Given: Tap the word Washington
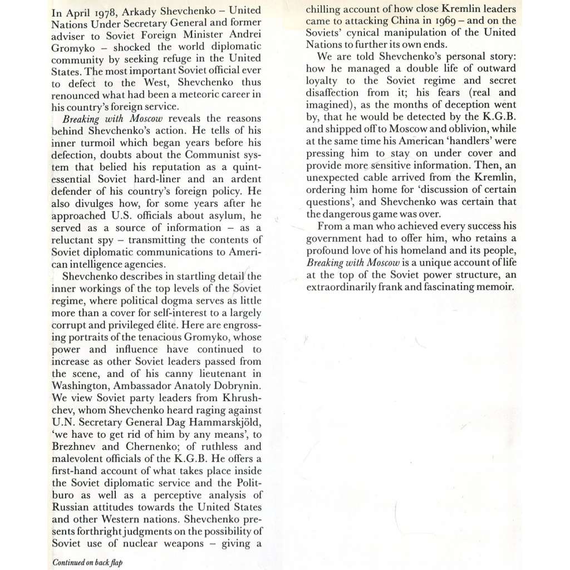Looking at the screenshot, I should [x=79, y=386].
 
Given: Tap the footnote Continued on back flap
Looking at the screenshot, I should [x=87, y=562].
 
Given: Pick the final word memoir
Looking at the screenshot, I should [x=497, y=287].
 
